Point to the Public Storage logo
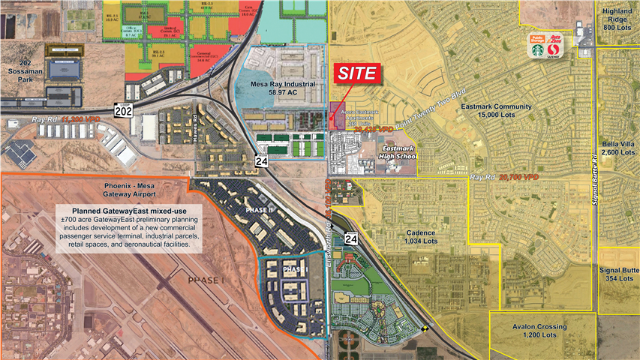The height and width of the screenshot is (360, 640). [x=537, y=37]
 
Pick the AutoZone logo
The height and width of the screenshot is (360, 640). [x=556, y=37]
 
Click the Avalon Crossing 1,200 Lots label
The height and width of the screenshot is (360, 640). [x=540, y=331]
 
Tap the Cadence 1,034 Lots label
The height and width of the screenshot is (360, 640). [x=421, y=237]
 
